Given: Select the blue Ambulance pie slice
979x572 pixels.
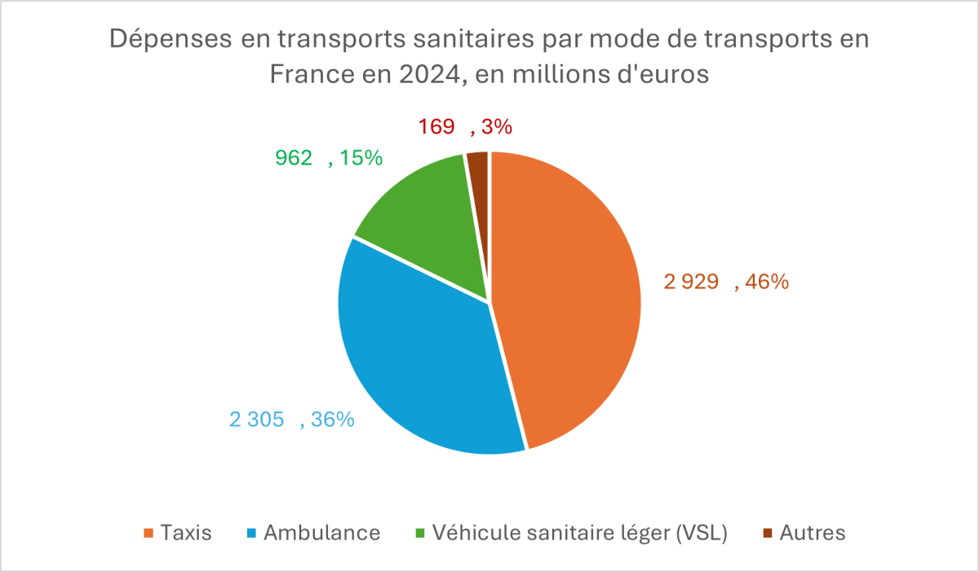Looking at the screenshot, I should [x=416, y=359].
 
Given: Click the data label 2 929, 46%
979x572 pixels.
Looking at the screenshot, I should [x=725, y=283].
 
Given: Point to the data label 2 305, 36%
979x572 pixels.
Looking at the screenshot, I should [x=291, y=420].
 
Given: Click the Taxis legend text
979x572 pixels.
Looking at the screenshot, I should [x=186, y=533].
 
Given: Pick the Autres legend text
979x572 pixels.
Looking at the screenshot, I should [x=813, y=533].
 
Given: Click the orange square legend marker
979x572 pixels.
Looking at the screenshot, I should [x=148, y=534].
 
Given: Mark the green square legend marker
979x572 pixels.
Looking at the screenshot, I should [x=420, y=534].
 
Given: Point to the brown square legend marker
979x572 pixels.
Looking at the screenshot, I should [x=768, y=534].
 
